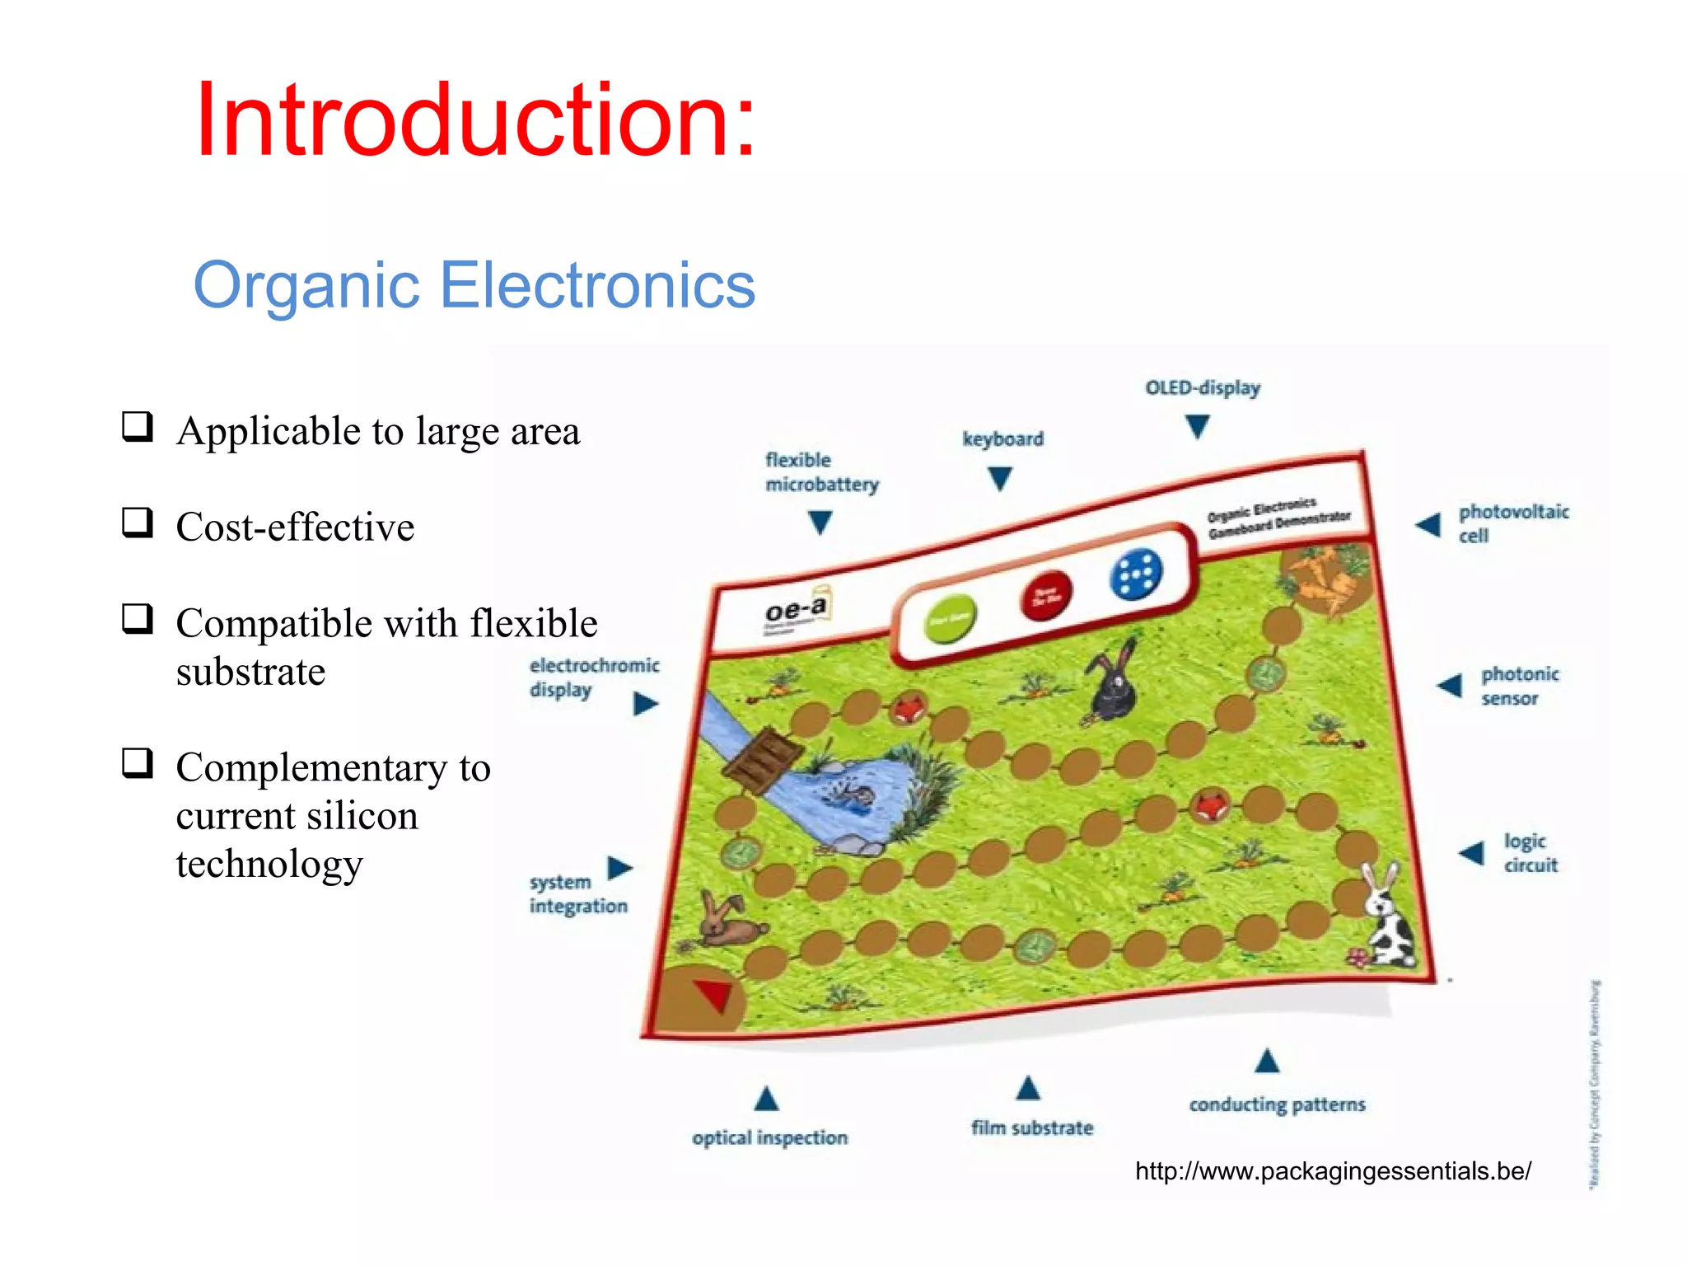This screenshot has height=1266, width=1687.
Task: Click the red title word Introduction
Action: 474,120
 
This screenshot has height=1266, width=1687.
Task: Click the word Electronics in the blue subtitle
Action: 597,284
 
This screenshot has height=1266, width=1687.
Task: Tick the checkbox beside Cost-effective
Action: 137,523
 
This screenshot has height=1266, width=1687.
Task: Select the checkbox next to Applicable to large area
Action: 137,426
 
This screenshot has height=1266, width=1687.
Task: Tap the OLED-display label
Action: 1203,387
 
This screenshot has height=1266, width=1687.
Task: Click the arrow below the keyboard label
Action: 999,478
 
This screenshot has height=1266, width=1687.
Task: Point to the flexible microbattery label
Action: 821,471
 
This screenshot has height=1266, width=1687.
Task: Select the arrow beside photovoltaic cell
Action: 1428,524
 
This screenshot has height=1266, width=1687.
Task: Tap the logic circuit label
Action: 1530,852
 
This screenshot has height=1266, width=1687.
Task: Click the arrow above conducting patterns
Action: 1267,1061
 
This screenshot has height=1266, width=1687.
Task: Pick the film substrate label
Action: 1031,1128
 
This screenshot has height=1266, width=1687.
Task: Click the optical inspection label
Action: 769,1137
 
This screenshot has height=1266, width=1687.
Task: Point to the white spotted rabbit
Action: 1390,919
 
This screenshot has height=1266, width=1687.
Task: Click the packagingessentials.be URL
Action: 1333,1171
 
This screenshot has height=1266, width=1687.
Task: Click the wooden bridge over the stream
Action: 763,759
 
